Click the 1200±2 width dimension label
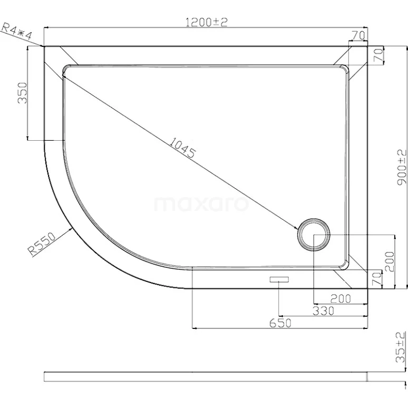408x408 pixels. (x=206, y=22)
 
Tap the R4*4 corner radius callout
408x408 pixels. (x=17, y=30)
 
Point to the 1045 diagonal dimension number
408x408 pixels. (x=182, y=149)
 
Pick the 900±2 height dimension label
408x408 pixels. (x=402, y=166)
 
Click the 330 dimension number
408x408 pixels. (x=323, y=311)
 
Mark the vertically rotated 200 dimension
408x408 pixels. (x=390, y=261)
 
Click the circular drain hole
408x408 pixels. (x=314, y=235)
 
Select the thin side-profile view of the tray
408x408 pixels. (x=206, y=376)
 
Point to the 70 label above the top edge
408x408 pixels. (x=358, y=35)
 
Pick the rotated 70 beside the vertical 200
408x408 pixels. (x=376, y=279)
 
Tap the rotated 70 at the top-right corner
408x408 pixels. (x=377, y=56)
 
